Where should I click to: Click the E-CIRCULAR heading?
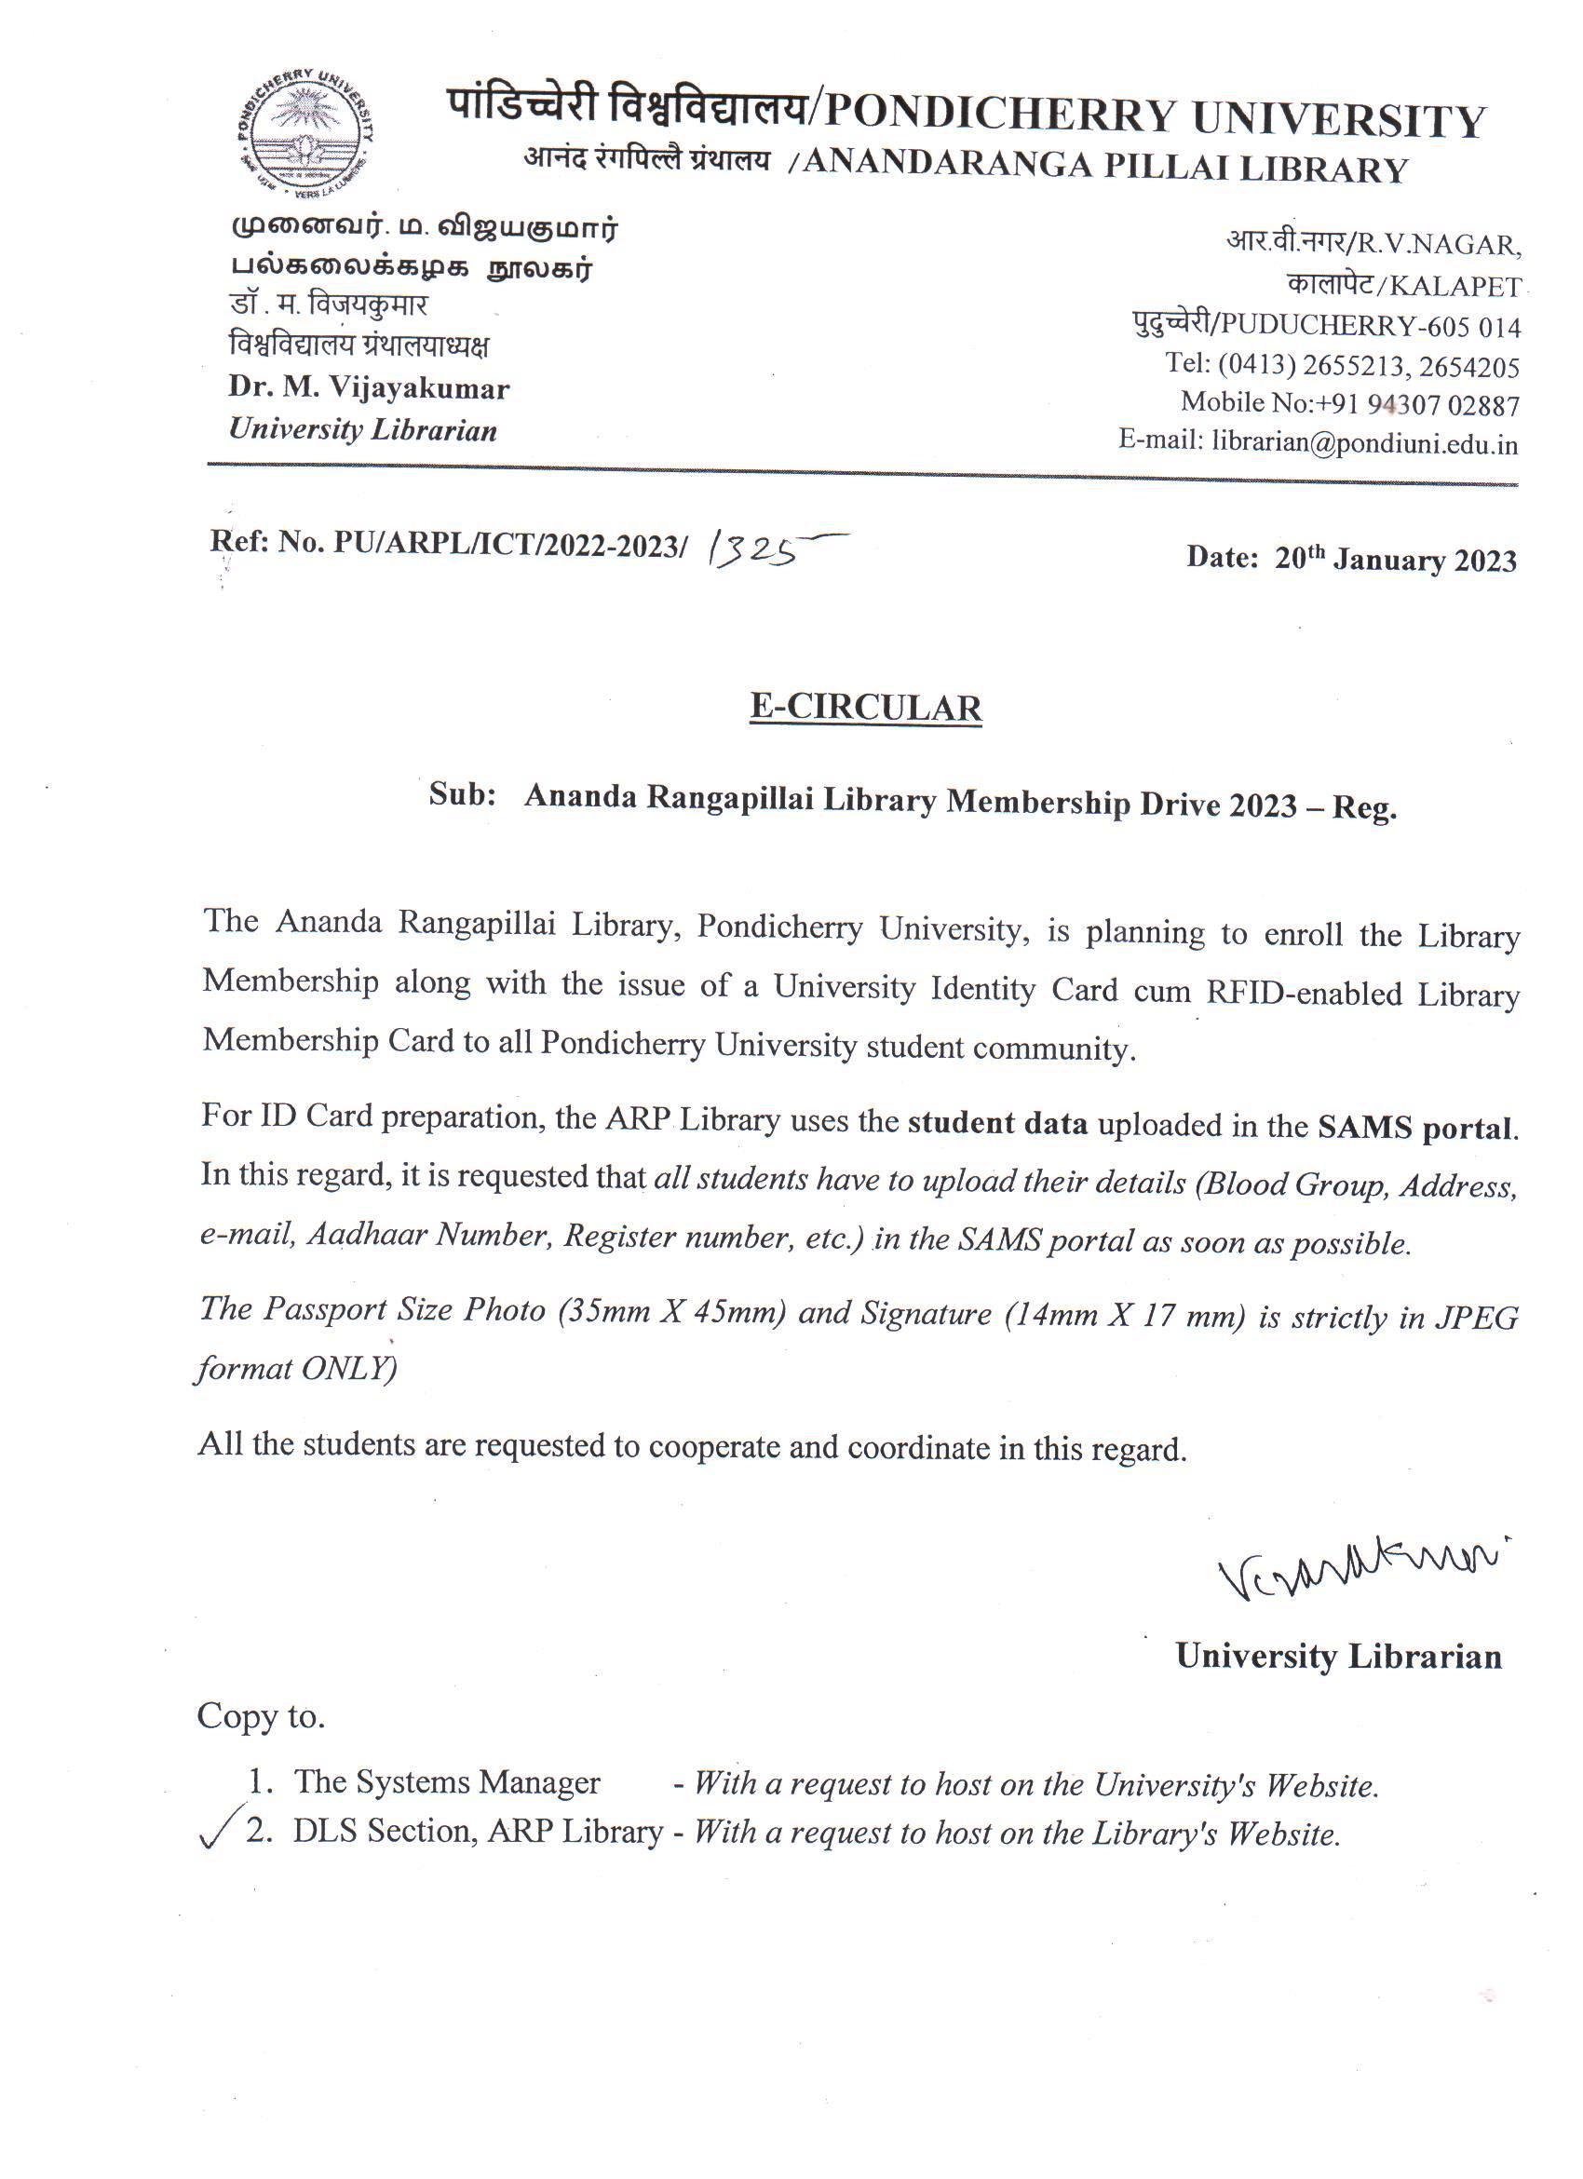click(x=865, y=707)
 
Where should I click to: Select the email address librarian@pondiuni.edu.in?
click(x=1364, y=443)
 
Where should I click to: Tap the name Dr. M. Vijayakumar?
click(x=369, y=388)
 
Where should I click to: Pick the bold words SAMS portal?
click(x=1416, y=1127)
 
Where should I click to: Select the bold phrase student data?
click(x=997, y=1123)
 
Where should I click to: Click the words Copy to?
click(x=262, y=1716)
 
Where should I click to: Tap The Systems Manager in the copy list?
click(x=447, y=1782)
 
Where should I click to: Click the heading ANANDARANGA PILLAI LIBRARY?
click(x=1104, y=168)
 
